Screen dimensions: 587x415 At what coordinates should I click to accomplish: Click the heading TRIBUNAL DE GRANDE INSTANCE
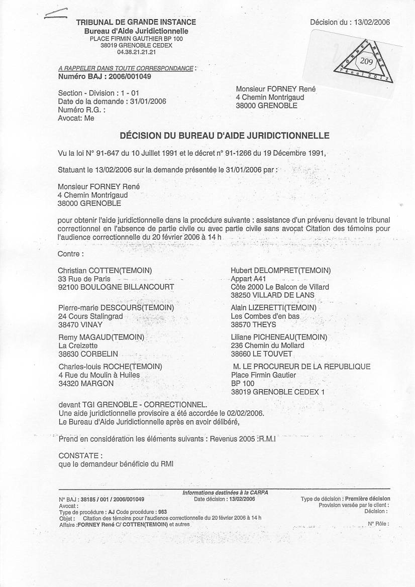tap(136, 22)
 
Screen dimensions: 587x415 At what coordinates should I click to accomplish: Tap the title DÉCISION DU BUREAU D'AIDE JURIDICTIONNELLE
tap(224, 136)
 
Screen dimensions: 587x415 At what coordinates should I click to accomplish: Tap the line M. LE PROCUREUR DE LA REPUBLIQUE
tap(301, 367)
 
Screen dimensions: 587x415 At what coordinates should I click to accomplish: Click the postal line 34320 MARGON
tap(86, 384)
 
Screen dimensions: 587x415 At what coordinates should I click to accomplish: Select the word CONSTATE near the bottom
tap(80, 455)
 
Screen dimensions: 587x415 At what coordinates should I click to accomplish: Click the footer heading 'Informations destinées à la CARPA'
tap(225, 493)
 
